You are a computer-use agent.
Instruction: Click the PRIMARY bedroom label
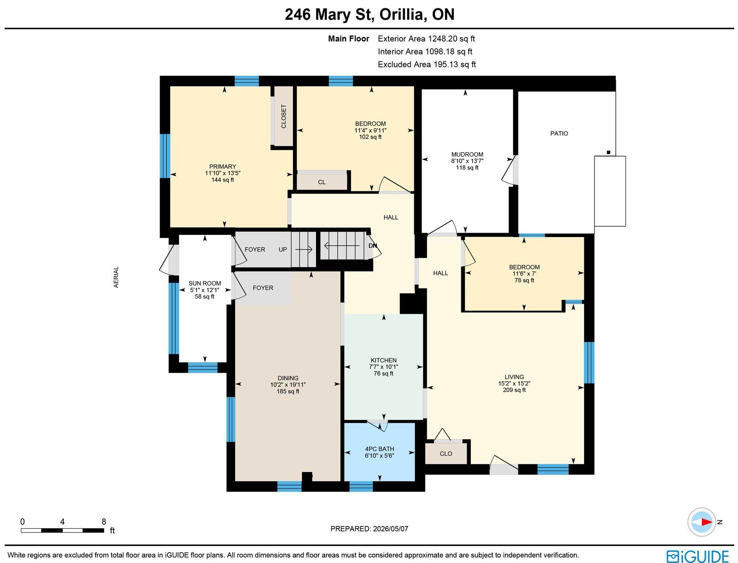[223, 167]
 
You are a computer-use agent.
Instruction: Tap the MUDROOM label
[467, 155]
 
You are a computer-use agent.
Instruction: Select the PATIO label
[559, 133]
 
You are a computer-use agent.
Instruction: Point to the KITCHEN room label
[384, 360]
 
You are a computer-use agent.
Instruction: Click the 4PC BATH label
[380, 449]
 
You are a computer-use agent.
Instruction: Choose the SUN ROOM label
[205, 283]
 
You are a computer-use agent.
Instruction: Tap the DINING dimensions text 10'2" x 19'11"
[288, 384]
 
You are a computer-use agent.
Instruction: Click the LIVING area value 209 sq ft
[514, 390]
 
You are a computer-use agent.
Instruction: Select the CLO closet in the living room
[446, 454]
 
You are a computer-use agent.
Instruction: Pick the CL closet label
[322, 182]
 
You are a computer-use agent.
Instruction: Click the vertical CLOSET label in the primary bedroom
[283, 116]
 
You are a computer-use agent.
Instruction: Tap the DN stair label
[373, 246]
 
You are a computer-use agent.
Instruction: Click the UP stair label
[283, 250]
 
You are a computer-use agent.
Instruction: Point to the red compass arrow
[706, 522]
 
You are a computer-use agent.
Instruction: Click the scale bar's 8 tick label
[104, 521]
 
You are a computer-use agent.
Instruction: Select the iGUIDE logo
[698, 556]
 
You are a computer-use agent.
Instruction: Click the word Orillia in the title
[401, 14]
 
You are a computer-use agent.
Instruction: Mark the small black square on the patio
[608, 152]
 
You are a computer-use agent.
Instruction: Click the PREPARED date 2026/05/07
[391, 529]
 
